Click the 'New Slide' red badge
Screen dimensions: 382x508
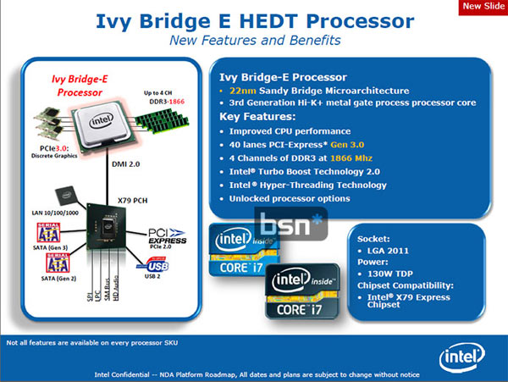click(x=482, y=8)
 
